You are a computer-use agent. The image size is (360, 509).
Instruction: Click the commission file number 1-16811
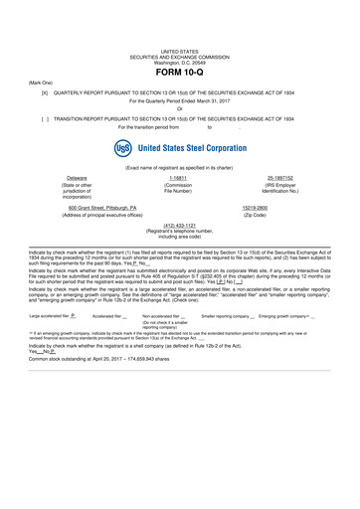click(179, 177)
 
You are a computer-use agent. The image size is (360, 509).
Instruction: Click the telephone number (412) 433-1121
click(179, 225)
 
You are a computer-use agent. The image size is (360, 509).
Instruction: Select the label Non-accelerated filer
click(163, 343)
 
